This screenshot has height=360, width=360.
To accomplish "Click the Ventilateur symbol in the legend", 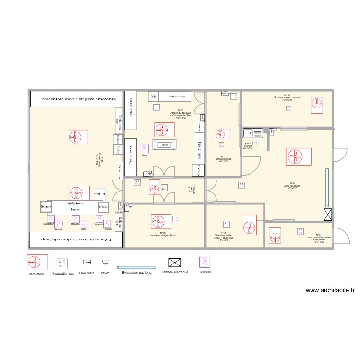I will tap(37, 262).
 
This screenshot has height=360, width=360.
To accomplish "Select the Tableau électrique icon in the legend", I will tap(175, 263).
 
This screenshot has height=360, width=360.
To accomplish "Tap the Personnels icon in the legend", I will tap(205, 262).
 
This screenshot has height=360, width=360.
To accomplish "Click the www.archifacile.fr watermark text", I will tap(330, 290).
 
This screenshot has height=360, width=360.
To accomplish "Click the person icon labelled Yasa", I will tap(144, 148).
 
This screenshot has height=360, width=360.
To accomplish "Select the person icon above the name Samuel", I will tap(58, 224).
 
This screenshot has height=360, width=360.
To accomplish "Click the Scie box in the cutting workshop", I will tap(154, 96).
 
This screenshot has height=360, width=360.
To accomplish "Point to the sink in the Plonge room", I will tap(252, 133).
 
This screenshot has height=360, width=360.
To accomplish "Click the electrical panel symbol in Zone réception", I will tap(328, 215).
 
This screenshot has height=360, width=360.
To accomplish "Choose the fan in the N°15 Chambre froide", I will tap(249, 225).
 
